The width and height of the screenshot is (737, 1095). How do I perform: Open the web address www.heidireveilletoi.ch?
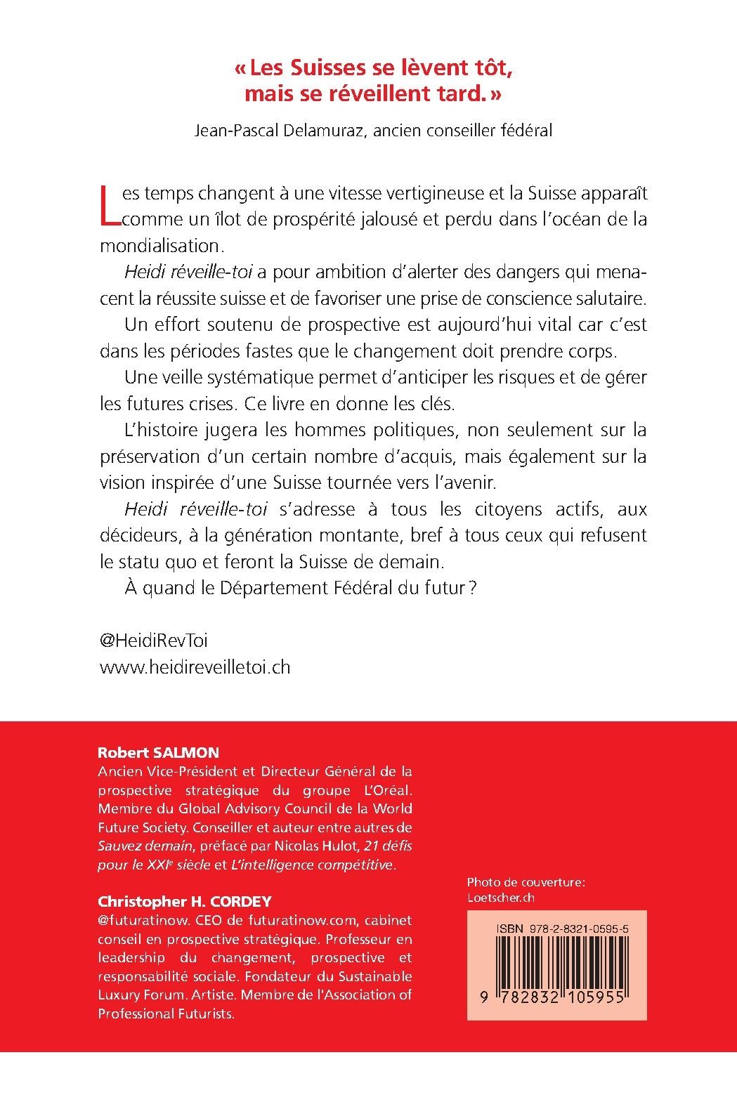click(195, 667)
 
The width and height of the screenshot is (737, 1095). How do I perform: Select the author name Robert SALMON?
click(158, 752)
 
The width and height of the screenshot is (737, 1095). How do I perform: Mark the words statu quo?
click(150, 562)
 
